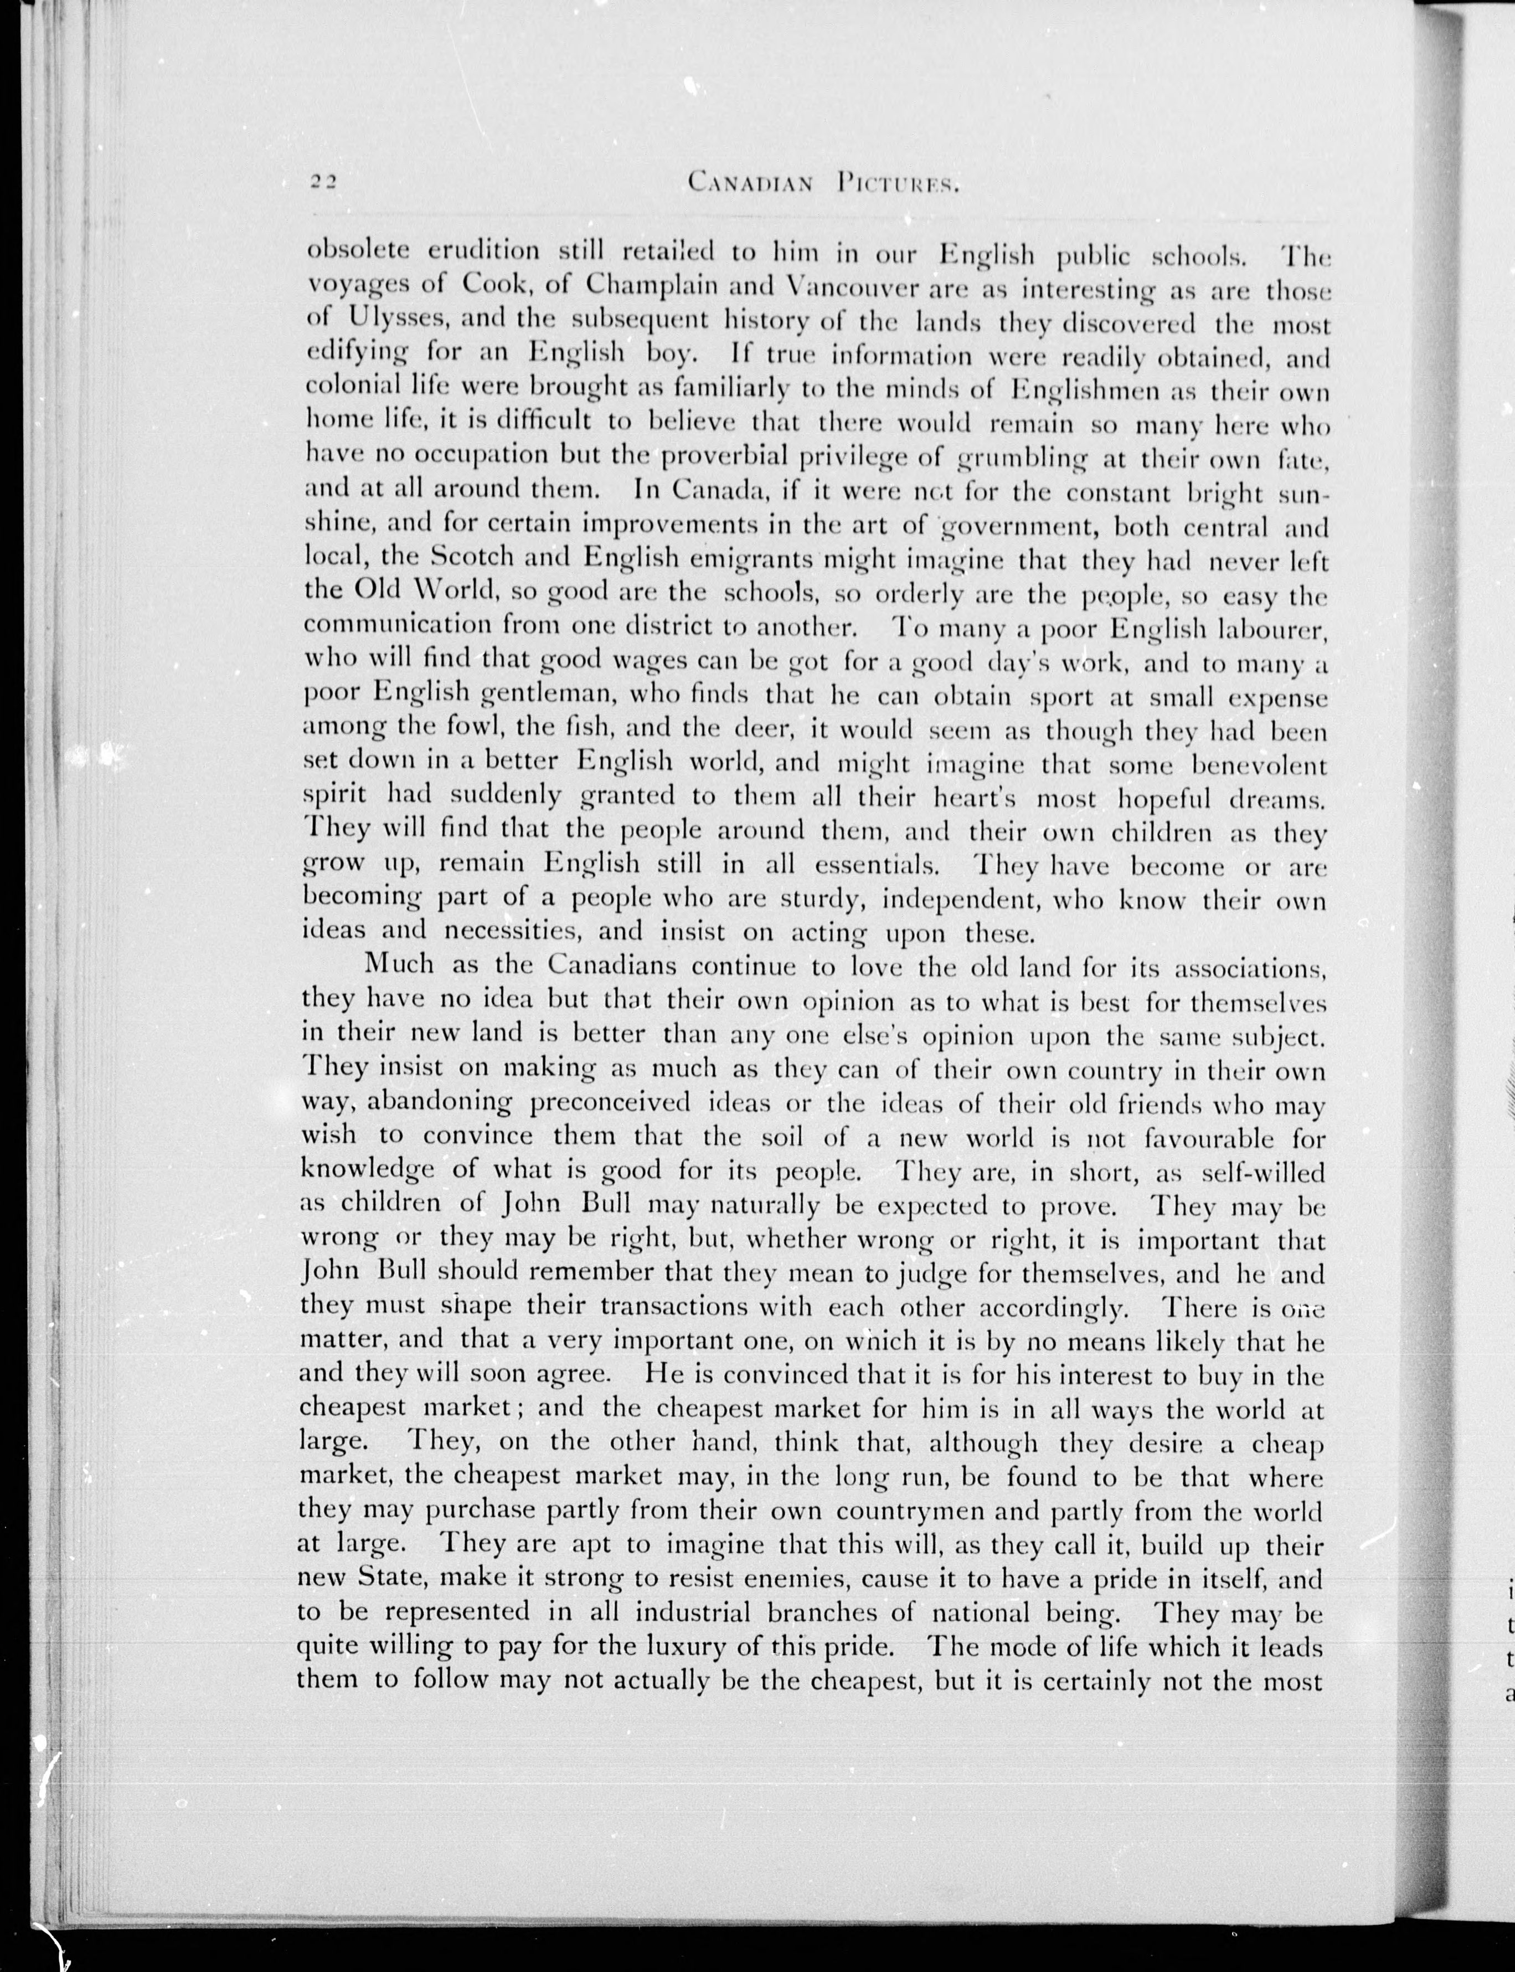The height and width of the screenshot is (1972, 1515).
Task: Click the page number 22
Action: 322,181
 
